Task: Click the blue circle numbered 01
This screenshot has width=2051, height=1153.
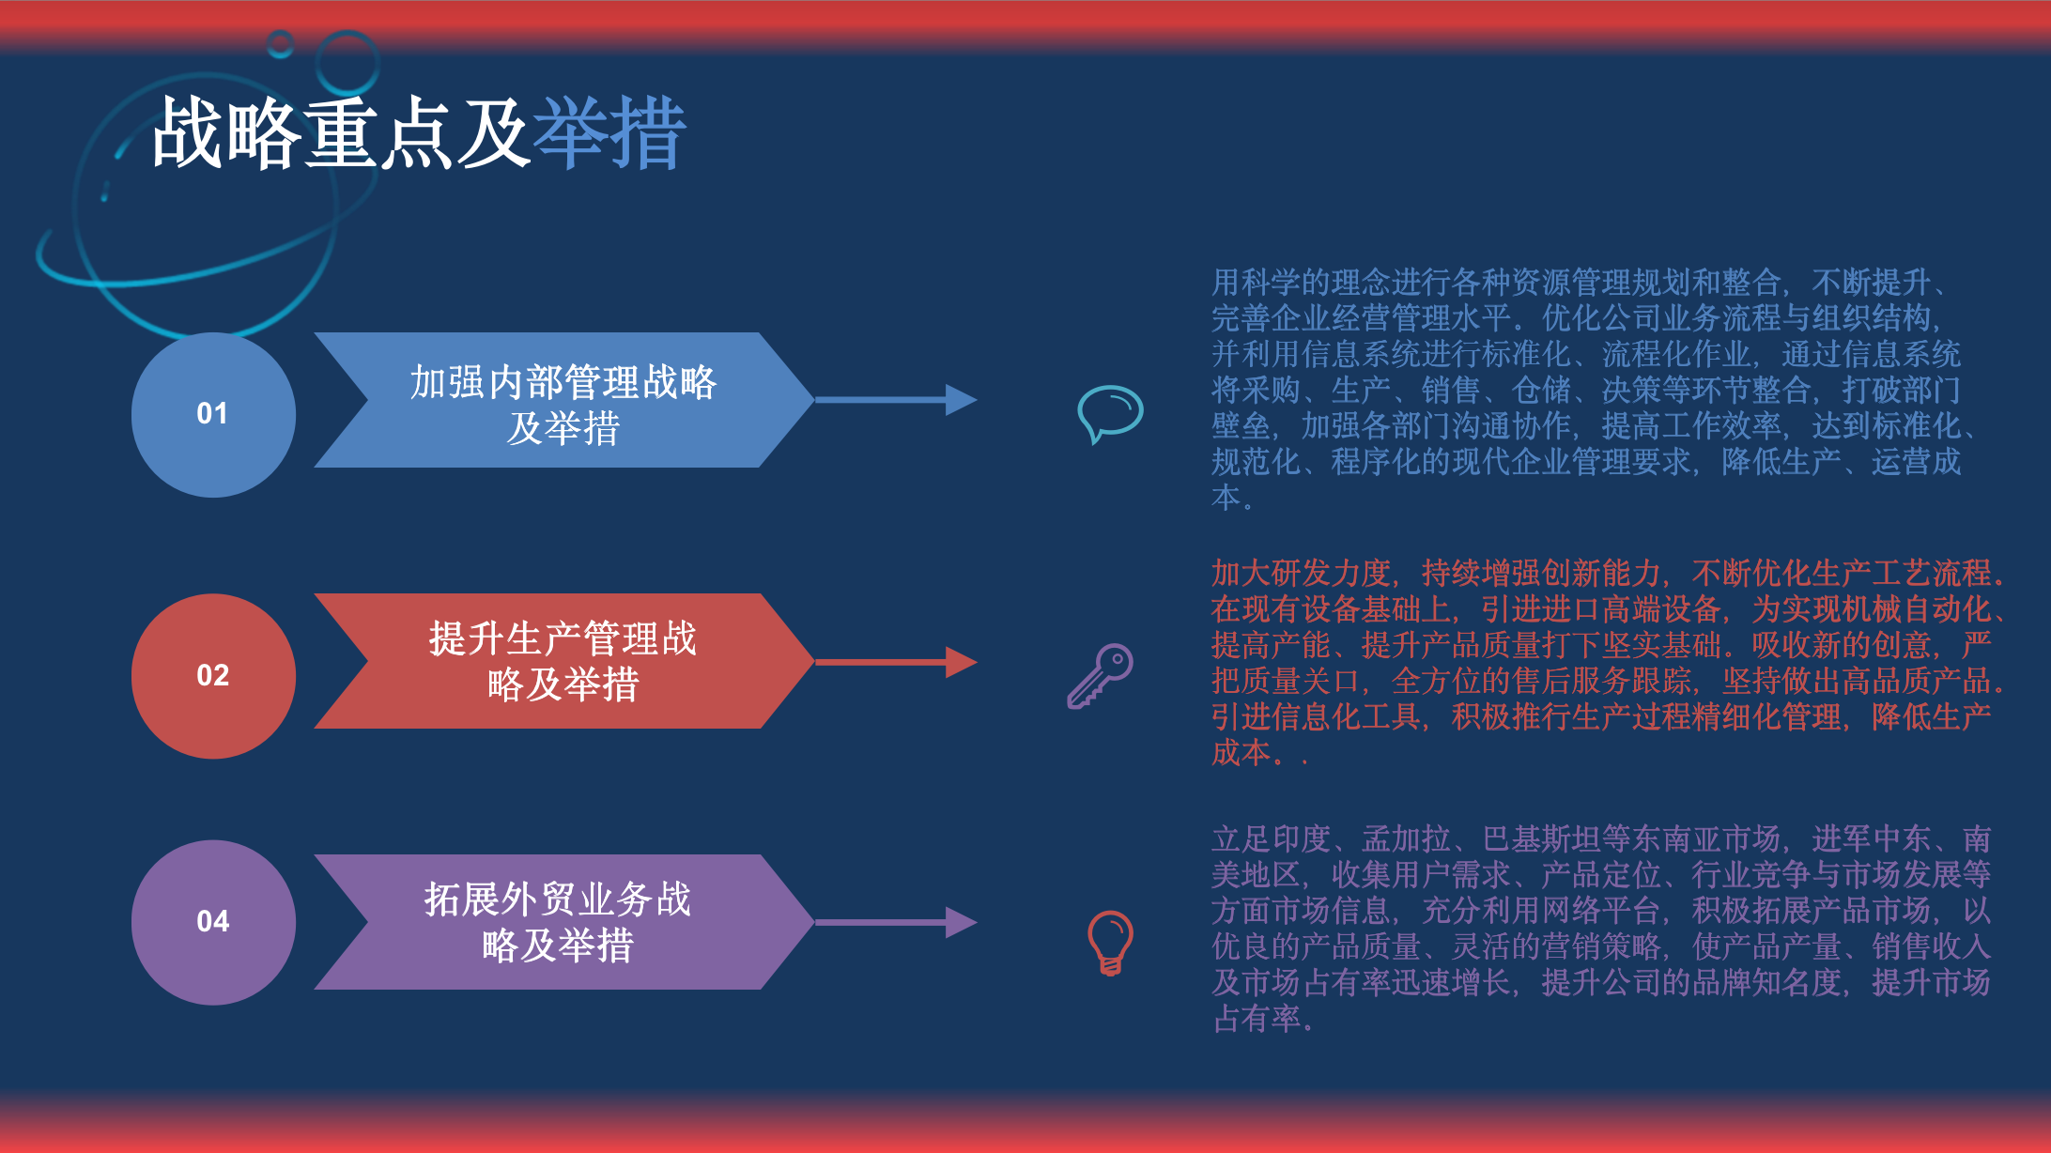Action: (213, 414)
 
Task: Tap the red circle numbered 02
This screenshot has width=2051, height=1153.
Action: (213, 676)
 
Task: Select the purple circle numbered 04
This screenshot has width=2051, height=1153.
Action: (213, 922)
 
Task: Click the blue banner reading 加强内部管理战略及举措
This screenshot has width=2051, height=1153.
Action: (563, 400)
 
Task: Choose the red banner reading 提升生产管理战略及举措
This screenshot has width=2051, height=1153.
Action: (563, 661)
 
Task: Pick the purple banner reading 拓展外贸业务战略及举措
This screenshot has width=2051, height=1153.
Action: (563, 922)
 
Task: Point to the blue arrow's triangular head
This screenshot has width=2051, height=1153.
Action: (961, 400)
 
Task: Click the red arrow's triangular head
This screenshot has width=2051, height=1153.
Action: (961, 662)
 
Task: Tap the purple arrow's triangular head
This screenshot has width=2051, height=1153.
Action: (961, 922)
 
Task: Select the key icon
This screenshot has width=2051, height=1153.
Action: (1100, 676)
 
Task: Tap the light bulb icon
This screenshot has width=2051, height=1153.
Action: (1110, 943)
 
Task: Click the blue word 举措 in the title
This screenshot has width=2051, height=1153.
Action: (609, 133)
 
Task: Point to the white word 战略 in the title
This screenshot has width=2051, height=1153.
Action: (226, 133)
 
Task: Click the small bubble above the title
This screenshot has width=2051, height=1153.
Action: (280, 44)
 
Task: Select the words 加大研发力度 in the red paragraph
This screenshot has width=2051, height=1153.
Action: (1301, 573)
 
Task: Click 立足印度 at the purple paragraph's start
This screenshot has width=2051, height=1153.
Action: (1272, 838)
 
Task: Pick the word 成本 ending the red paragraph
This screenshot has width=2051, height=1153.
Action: (1241, 752)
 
